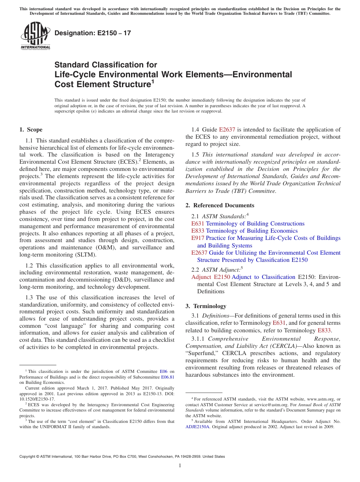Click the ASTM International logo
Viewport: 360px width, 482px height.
pyautogui.click(x=35, y=36)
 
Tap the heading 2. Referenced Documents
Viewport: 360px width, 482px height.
pyautogui.click(x=220, y=205)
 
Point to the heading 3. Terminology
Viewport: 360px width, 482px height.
pyautogui.click(x=206, y=306)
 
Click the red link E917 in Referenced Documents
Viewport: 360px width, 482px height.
pyautogui.click(x=198, y=238)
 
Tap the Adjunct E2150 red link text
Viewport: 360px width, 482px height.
pyautogui.click(x=210, y=277)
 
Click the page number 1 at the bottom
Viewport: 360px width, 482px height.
pyautogui.click(x=180, y=465)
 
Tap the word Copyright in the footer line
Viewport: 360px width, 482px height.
pyautogui.click(x=29, y=457)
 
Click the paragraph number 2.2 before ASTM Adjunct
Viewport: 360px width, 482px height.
pyautogui.click(x=196, y=270)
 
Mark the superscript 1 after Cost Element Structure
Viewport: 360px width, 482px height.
pyautogui.click(x=153, y=81)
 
